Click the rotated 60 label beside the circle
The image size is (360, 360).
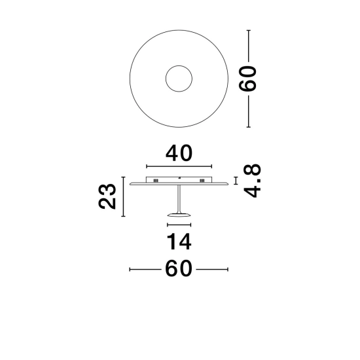coord(247,79)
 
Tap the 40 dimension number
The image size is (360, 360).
coord(179,153)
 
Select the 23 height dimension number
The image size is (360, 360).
coord(107,196)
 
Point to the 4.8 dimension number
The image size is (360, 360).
coord(252,181)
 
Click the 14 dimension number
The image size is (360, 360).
coord(179,242)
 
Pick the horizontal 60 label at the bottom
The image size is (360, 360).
coord(179,268)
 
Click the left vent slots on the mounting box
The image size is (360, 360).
coord(156,181)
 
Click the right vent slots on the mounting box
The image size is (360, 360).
coord(202,181)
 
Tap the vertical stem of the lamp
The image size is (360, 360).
coord(179,199)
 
